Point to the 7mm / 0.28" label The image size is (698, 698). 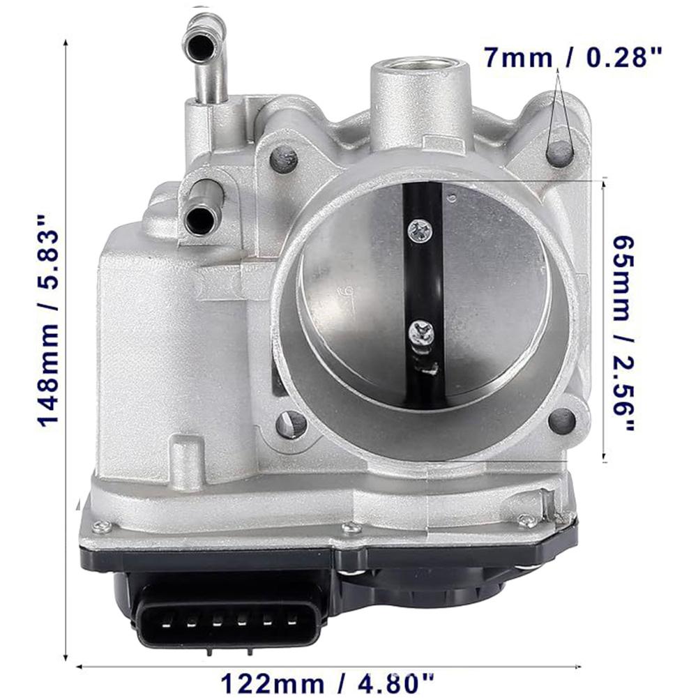point(572,56)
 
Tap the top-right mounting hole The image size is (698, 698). point(560,153)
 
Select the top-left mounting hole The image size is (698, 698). point(283,160)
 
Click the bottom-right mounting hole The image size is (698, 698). point(562,420)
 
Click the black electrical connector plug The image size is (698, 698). point(229,614)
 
